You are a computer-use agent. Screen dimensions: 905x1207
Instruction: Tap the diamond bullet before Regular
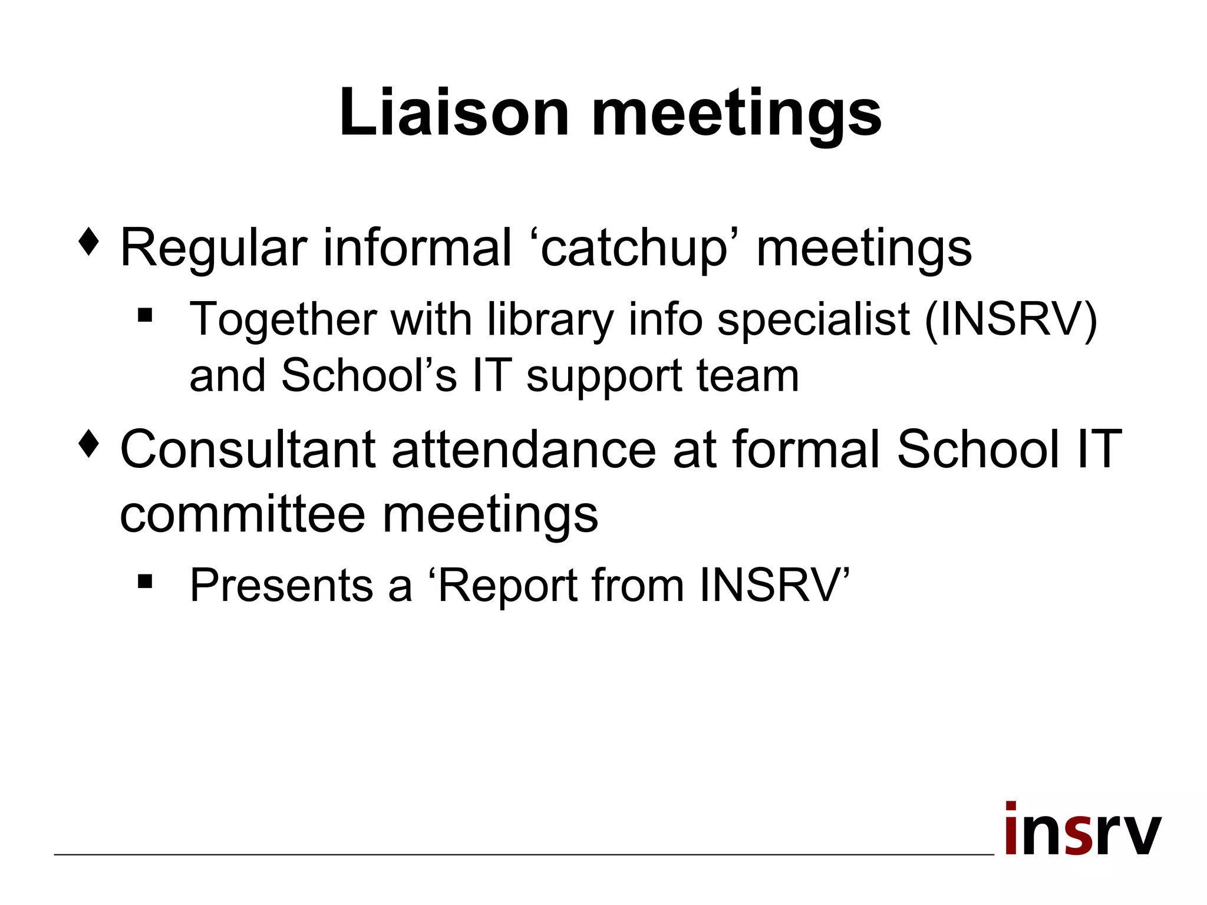click(x=88, y=242)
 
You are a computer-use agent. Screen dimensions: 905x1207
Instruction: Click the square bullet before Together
click(x=145, y=316)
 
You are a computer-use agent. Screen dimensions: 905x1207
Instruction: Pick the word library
click(x=550, y=320)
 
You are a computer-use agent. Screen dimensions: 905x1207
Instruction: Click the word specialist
click(x=813, y=320)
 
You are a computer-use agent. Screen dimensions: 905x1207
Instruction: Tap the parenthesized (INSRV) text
click(x=1010, y=320)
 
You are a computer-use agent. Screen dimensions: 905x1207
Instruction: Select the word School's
click(x=369, y=375)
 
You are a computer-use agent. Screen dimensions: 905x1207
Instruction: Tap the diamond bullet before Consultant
click(x=88, y=444)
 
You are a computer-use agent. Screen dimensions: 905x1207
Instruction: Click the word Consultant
click(x=248, y=450)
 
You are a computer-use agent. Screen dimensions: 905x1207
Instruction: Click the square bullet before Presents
click(x=145, y=582)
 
